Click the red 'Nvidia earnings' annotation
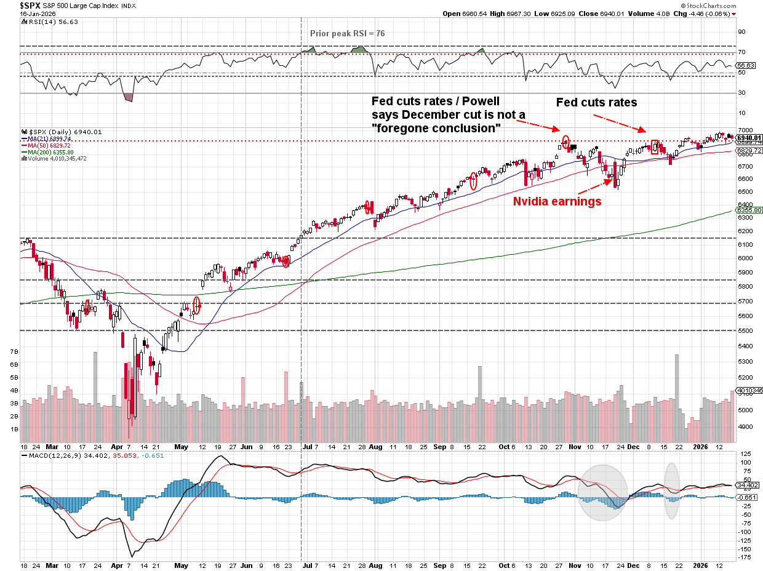[557, 201]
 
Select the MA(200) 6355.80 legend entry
[52, 152]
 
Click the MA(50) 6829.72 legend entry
[50, 146]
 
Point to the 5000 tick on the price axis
[745, 410]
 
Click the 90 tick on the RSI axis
[742, 32]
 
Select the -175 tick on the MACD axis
[744, 557]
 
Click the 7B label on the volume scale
[15, 351]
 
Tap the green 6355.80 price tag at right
[750, 210]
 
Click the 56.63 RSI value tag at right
[748, 65]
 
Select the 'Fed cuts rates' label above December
[596, 102]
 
